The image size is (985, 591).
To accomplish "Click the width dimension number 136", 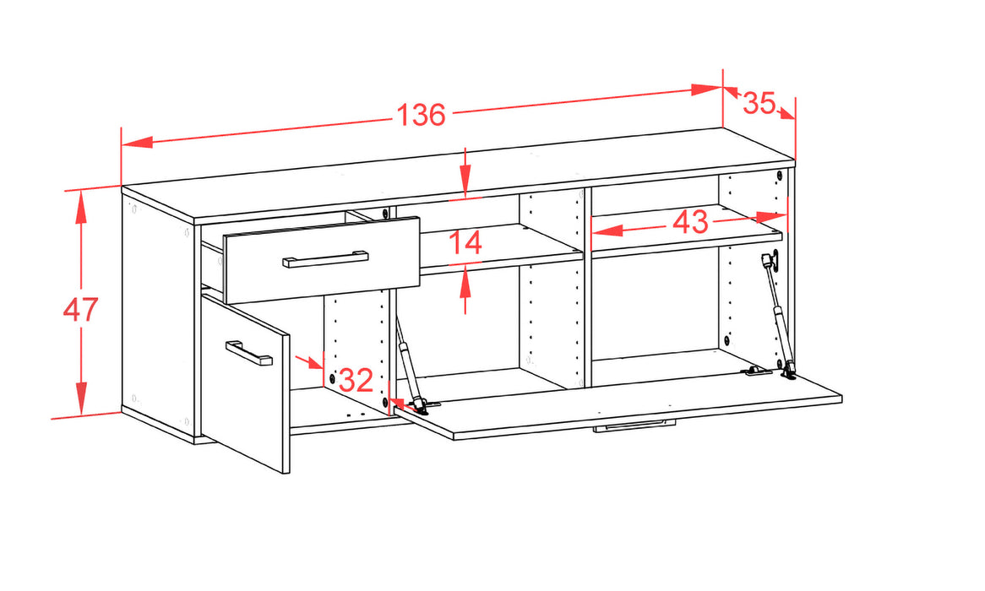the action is (421, 115).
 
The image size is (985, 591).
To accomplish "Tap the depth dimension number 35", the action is (759, 103).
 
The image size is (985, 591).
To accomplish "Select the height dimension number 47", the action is (80, 310).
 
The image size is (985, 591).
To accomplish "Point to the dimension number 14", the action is (466, 242).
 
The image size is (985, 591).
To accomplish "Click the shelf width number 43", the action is (690, 222).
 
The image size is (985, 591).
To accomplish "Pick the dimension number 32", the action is (356, 380).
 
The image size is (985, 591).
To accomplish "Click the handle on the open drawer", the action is (325, 258).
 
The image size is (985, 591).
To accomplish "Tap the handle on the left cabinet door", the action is (248, 353).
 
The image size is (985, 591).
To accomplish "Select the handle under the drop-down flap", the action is (634, 426).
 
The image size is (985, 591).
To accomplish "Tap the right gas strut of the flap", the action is (779, 314).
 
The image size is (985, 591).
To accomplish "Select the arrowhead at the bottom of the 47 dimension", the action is (81, 399).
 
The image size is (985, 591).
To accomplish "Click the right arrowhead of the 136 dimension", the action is (707, 89).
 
